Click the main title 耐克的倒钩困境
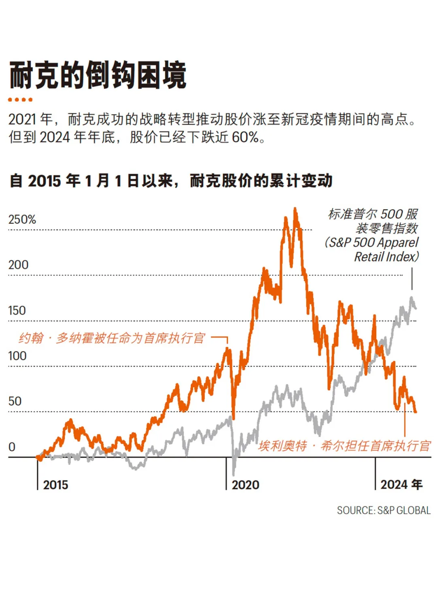point(98,75)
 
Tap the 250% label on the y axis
point(22,220)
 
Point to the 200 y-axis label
point(18,265)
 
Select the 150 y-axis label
point(17,311)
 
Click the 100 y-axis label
point(17,356)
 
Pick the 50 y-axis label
point(15,401)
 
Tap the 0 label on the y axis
point(12,447)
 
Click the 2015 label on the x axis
point(55,485)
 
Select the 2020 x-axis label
point(245,485)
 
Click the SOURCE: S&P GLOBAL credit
point(384,510)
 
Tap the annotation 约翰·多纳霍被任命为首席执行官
point(112,338)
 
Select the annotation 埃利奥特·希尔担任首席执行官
point(344,446)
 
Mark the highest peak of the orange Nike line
point(295,209)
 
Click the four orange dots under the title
point(20,100)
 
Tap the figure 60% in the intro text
point(245,137)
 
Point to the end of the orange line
point(416,412)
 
